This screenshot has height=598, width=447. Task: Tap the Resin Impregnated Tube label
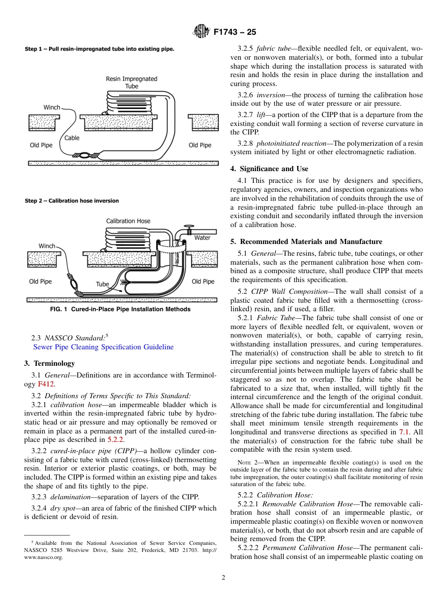pyautogui.click(x=131, y=82)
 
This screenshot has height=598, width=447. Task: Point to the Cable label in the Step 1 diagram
pyautogui.click(x=72, y=138)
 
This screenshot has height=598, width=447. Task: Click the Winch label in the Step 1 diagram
pyautogui.click(x=52, y=107)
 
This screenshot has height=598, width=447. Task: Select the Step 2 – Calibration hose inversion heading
pyautogui.click(x=72, y=201)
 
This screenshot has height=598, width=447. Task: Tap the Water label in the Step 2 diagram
pyautogui.click(x=202, y=238)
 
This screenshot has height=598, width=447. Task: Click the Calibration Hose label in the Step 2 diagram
pyautogui.click(x=128, y=221)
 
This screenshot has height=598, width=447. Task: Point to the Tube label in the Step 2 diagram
pyautogui.click(x=102, y=284)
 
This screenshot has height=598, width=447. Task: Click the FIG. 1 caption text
pyautogui.click(x=120, y=309)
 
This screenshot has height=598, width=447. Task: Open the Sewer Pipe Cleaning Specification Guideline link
pyautogui.click(x=103, y=347)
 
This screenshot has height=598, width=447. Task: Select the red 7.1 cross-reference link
pyautogui.click(x=404, y=432)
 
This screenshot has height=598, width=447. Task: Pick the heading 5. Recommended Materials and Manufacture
pyautogui.click(x=306, y=242)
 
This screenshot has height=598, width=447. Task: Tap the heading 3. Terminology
pyautogui.click(x=49, y=363)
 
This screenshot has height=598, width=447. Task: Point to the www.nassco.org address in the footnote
pyautogui.click(x=43, y=557)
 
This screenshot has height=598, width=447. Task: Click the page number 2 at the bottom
pyautogui.click(x=223, y=578)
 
